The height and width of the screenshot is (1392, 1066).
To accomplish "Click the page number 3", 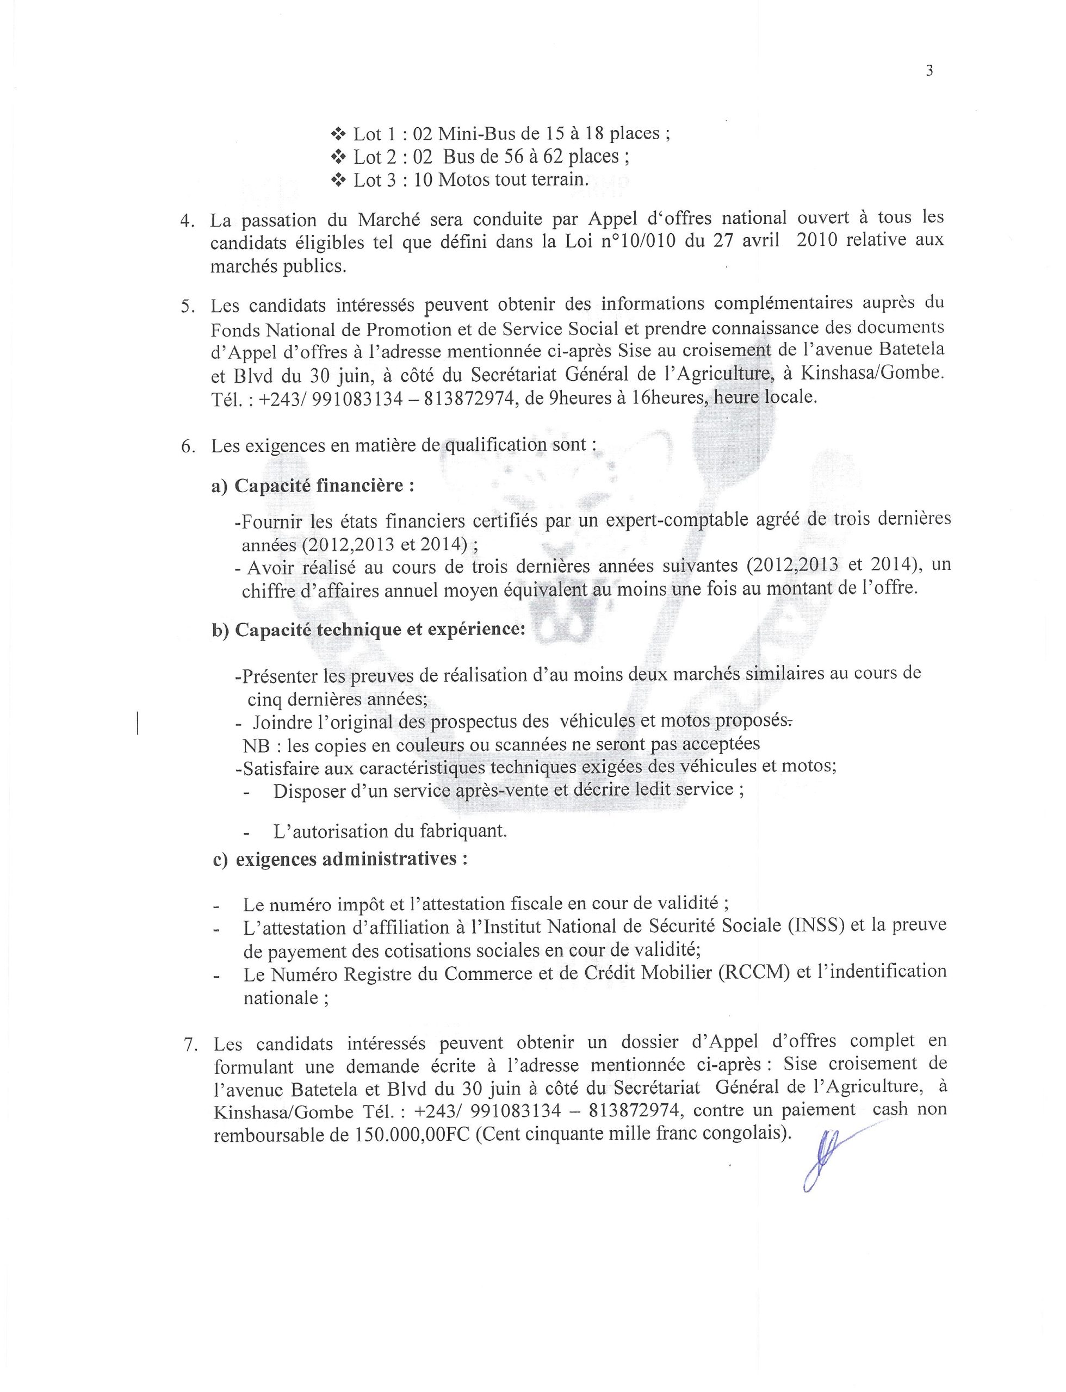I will point(929,71).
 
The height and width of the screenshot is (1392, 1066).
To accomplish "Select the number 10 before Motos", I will point(423,180).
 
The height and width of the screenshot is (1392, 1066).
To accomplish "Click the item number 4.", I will point(187,221).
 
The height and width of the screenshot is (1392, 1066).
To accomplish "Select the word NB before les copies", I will point(256,744).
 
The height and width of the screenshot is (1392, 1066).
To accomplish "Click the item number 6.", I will point(187,446).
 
